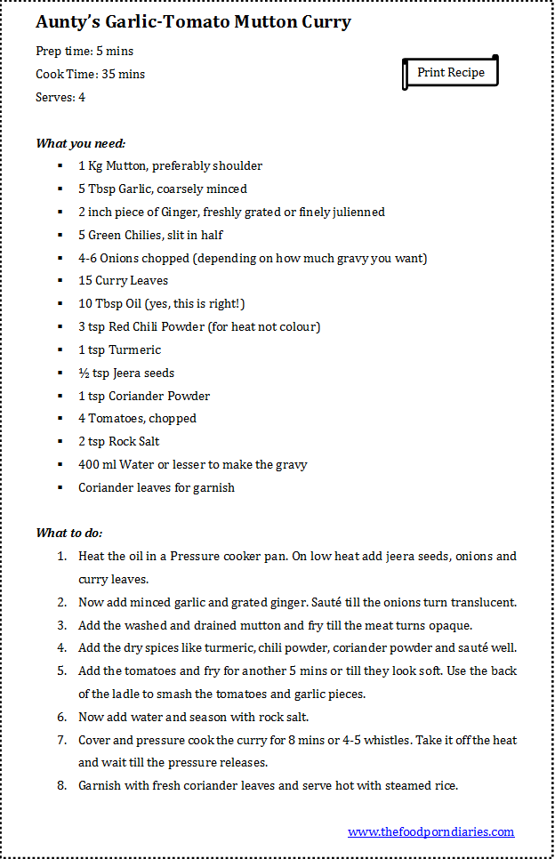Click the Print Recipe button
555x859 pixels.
point(451,72)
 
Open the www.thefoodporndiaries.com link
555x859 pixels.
point(430,831)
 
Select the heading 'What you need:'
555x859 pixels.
point(81,143)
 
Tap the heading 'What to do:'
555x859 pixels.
point(69,533)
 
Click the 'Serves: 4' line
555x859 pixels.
point(60,97)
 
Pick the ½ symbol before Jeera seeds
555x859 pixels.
point(83,373)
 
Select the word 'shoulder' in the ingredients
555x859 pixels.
point(237,165)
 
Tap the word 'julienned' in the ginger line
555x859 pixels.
point(356,212)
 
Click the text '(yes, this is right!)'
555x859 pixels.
point(185,303)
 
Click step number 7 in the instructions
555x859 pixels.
point(61,740)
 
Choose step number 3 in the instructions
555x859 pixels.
point(61,625)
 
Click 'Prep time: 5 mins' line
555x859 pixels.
point(84,51)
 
